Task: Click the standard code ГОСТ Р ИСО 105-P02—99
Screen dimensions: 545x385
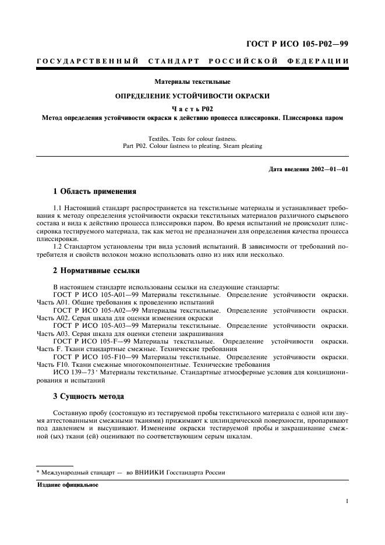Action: pos(299,44)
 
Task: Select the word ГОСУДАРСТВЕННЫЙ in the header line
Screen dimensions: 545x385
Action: pos(87,61)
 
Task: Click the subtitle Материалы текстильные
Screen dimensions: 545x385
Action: pos(192,82)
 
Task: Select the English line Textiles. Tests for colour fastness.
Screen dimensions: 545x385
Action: pos(192,139)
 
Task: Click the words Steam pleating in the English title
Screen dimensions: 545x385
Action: pos(242,146)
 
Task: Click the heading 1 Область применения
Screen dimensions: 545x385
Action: pos(94,190)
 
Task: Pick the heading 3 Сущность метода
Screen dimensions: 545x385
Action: pos(88,396)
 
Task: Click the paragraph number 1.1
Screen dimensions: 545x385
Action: pos(58,207)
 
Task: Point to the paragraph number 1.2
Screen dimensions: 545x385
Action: pos(58,247)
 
